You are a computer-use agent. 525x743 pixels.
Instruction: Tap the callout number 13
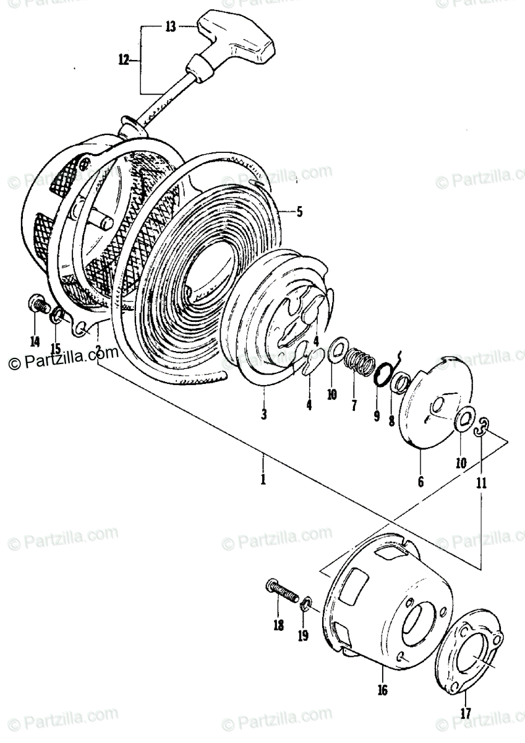click(x=170, y=26)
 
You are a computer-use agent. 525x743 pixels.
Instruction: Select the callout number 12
click(x=124, y=60)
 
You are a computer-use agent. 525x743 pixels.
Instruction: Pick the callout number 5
click(x=299, y=212)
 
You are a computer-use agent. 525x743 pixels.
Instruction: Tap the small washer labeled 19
click(x=306, y=601)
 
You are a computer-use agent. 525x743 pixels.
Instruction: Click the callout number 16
click(x=382, y=689)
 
